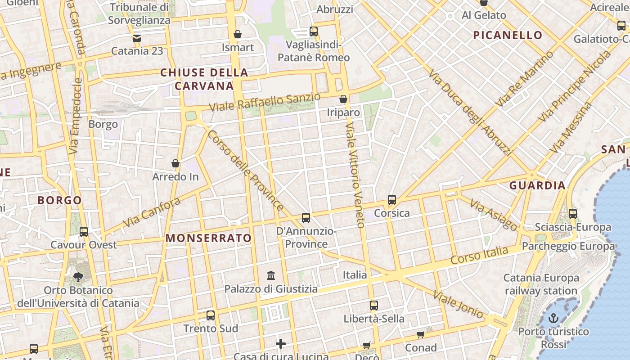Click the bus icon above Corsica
pyautogui.click(x=392, y=200)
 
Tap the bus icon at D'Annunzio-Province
pyautogui.click(x=306, y=218)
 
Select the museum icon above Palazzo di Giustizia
pyautogui.click(x=271, y=275)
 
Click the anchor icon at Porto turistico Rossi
pyautogui.click(x=553, y=319)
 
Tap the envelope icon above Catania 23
pyautogui.click(x=137, y=38)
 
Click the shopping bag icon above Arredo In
pyautogui.click(x=175, y=163)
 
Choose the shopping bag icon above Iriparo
pyautogui.click(x=343, y=99)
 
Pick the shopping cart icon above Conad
pyautogui.click(x=420, y=334)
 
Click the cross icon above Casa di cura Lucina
pyautogui.click(x=281, y=344)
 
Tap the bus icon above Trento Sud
pyautogui.click(x=210, y=315)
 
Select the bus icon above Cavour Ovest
pyautogui.click(x=84, y=232)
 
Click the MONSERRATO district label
pyautogui.click(x=209, y=238)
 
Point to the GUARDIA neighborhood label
pyautogui.click(x=537, y=185)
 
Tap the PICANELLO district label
pyautogui.click(x=508, y=35)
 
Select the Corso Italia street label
pyautogui.click(x=479, y=255)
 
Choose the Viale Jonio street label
pyautogui.click(x=458, y=305)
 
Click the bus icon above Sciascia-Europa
pyautogui.click(x=573, y=214)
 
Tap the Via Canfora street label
pyautogui.click(x=151, y=212)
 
